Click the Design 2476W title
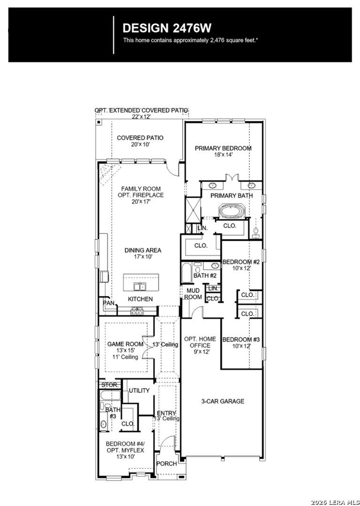(x=167, y=28)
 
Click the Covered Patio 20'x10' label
(x=140, y=141)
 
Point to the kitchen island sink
(x=140, y=287)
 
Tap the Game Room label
(x=125, y=344)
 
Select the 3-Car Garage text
(x=222, y=401)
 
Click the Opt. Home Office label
(x=200, y=342)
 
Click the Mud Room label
(x=193, y=294)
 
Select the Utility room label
(x=139, y=390)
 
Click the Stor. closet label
(x=110, y=385)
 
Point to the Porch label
(x=166, y=464)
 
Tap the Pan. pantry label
(x=109, y=303)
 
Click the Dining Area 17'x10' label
(x=143, y=253)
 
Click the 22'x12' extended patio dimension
(x=141, y=116)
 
